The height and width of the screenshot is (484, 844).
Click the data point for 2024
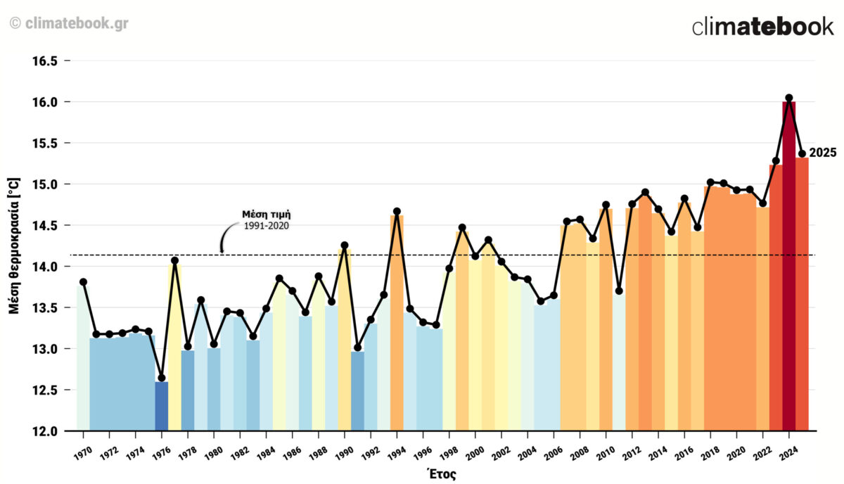click(788, 98)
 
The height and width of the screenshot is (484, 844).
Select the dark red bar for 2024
click(788, 267)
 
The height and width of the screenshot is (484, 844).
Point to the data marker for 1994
click(397, 211)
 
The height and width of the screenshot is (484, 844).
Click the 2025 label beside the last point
click(822, 153)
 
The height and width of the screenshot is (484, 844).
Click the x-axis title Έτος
click(442, 473)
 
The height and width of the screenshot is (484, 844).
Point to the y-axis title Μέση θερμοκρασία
click(14, 246)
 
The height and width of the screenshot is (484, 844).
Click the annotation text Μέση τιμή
click(267, 214)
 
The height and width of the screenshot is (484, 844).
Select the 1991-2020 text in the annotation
click(267, 226)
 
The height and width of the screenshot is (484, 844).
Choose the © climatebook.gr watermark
click(69, 23)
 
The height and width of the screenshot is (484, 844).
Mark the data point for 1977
click(174, 260)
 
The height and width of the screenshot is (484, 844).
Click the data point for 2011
click(619, 291)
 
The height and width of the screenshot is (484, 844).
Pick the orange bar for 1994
click(397, 324)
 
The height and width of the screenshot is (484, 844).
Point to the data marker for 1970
click(83, 282)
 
